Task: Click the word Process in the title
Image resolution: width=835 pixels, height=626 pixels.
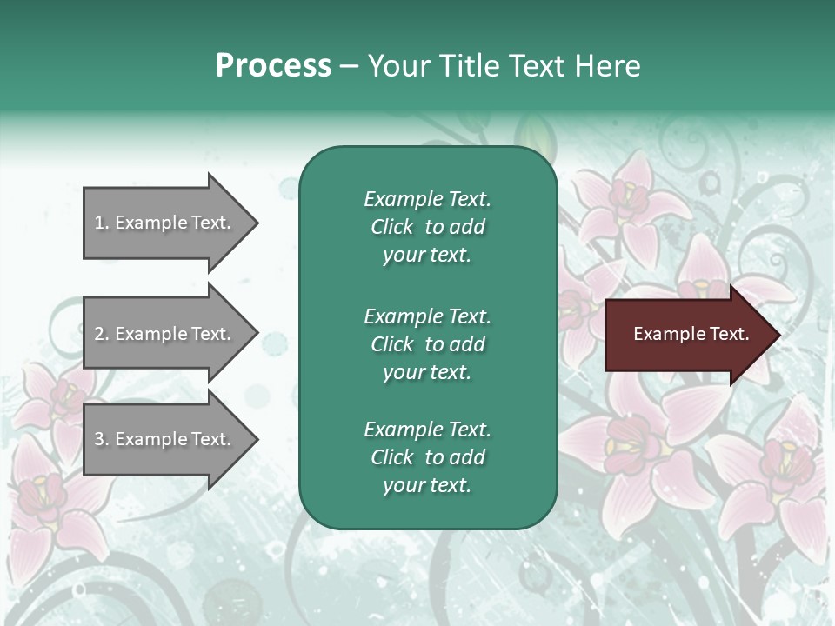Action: click(x=273, y=65)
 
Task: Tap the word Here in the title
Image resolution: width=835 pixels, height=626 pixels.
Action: click(x=606, y=65)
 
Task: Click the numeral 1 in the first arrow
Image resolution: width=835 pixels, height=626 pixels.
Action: click(x=99, y=223)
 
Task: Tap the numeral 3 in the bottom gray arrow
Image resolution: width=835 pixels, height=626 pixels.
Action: click(x=99, y=439)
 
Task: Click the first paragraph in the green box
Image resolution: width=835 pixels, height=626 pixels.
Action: click(x=427, y=227)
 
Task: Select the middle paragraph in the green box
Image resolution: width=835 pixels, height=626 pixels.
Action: click(x=427, y=343)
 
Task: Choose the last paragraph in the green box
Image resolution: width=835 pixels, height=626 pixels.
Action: click(x=427, y=457)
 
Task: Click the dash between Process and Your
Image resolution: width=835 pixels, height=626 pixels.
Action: click(x=349, y=65)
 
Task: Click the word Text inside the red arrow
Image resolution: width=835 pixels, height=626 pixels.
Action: click(x=730, y=334)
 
